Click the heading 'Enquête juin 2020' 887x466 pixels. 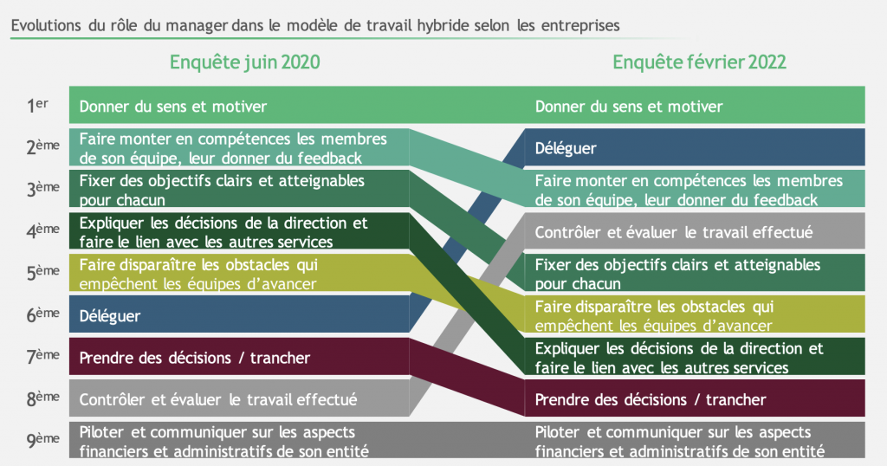245,62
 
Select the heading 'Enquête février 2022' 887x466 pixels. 699,62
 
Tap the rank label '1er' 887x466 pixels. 37,105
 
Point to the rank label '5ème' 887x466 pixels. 43,273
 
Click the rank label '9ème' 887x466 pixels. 43,440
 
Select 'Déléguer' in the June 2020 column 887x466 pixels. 110,315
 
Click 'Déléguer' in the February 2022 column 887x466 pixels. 566,148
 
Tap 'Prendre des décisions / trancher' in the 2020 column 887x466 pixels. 195,358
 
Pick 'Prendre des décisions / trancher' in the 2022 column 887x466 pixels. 651,399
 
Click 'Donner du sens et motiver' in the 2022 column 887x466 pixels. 629,107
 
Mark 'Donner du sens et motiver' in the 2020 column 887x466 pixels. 173,107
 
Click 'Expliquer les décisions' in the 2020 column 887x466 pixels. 160,223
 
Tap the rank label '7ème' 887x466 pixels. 43,356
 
